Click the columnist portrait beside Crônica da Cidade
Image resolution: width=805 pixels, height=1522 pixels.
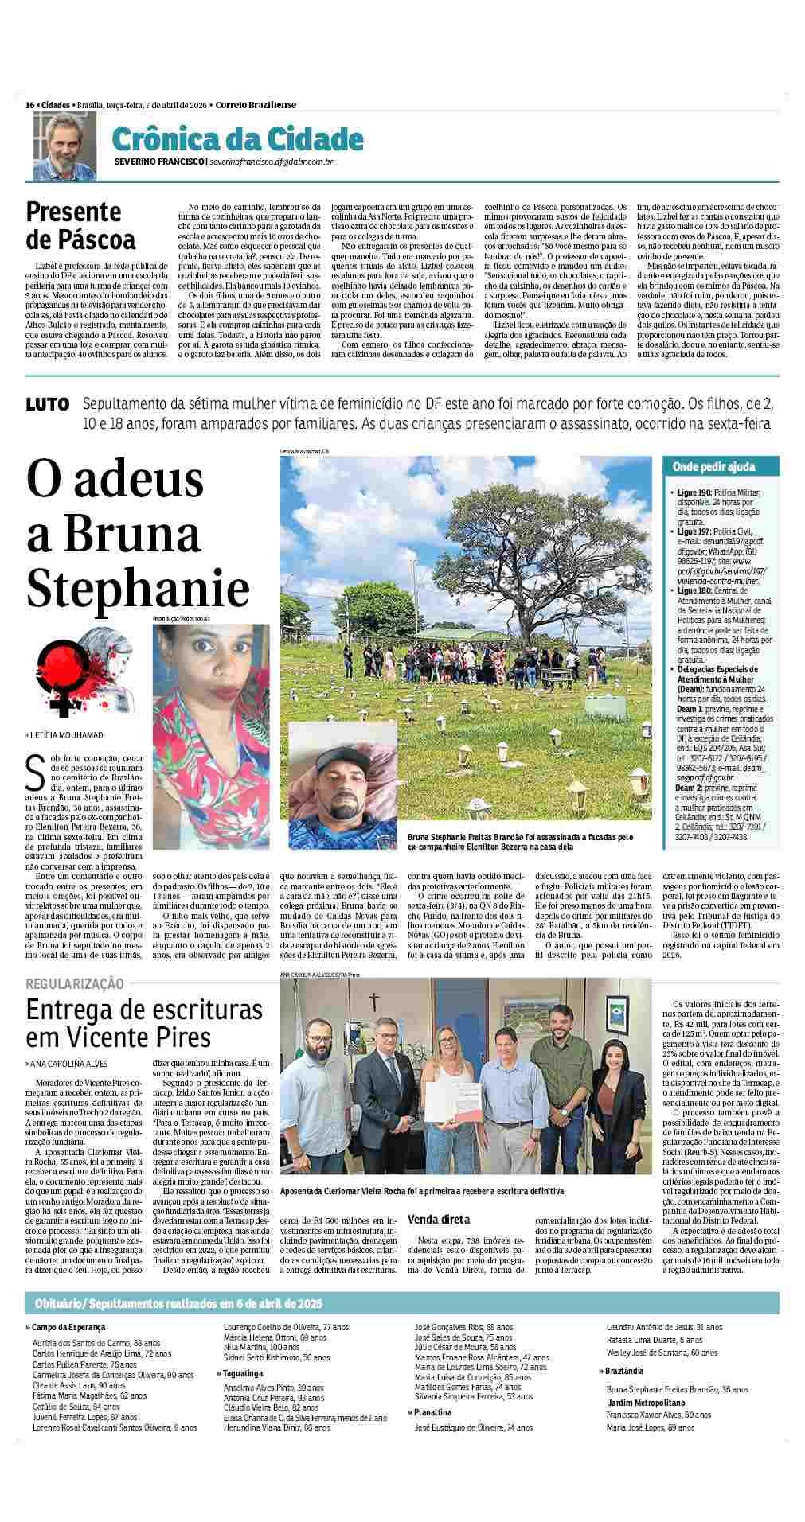(x=64, y=146)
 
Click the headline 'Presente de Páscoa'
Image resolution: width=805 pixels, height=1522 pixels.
(x=80, y=225)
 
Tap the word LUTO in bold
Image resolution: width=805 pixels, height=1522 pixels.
(x=48, y=404)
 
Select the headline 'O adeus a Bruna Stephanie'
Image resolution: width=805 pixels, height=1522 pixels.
(x=137, y=534)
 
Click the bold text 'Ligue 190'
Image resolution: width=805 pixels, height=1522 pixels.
(x=694, y=493)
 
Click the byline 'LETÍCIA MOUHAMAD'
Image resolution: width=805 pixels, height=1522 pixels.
(x=67, y=735)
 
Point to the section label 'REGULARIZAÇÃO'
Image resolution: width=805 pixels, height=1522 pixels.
(x=75, y=984)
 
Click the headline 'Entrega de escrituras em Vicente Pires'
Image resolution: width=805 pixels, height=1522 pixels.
(x=144, y=1023)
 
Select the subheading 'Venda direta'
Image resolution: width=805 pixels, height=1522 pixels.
(x=438, y=1219)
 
